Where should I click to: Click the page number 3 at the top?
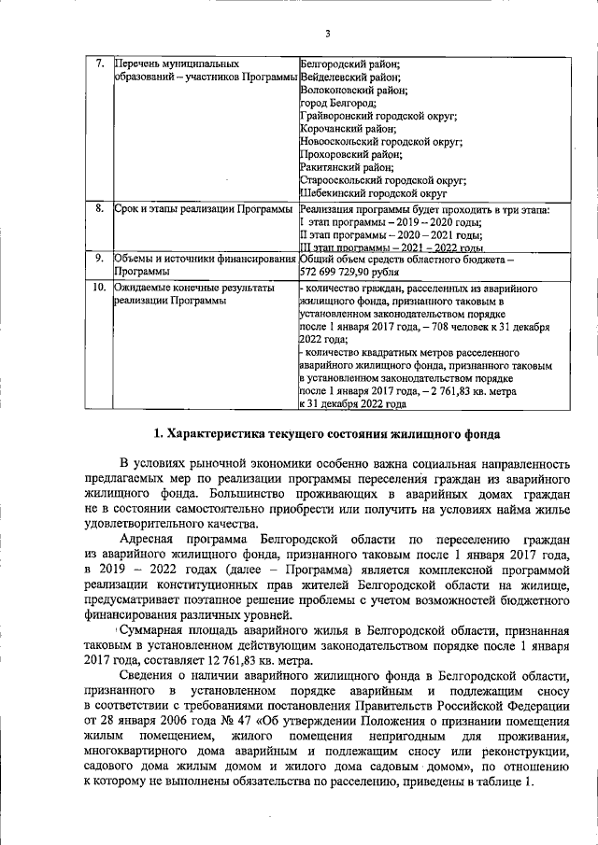coord(328,35)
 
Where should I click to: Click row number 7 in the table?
coord(100,63)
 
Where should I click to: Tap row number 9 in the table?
coord(100,257)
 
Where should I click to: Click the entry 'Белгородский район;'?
coord(349,63)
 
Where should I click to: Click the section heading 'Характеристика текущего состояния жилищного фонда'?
coord(327,434)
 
